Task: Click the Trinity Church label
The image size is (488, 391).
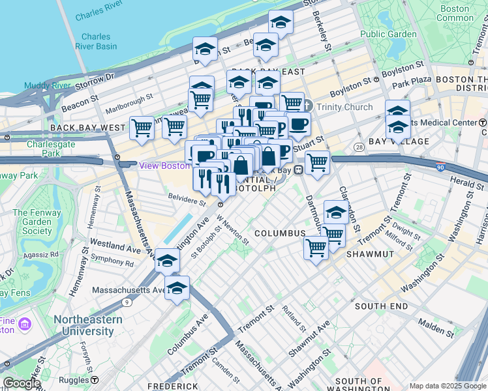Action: click(345, 108)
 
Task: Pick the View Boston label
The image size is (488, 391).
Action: click(165, 166)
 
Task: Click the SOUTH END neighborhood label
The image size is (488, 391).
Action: click(381, 306)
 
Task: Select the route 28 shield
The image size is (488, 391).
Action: click(358, 149)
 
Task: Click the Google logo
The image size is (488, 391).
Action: click(22, 383)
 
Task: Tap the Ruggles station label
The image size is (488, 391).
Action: click(76, 379)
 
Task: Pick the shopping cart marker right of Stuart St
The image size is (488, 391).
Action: click(317, 162)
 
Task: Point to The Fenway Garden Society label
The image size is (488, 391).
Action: click(32, 222)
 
